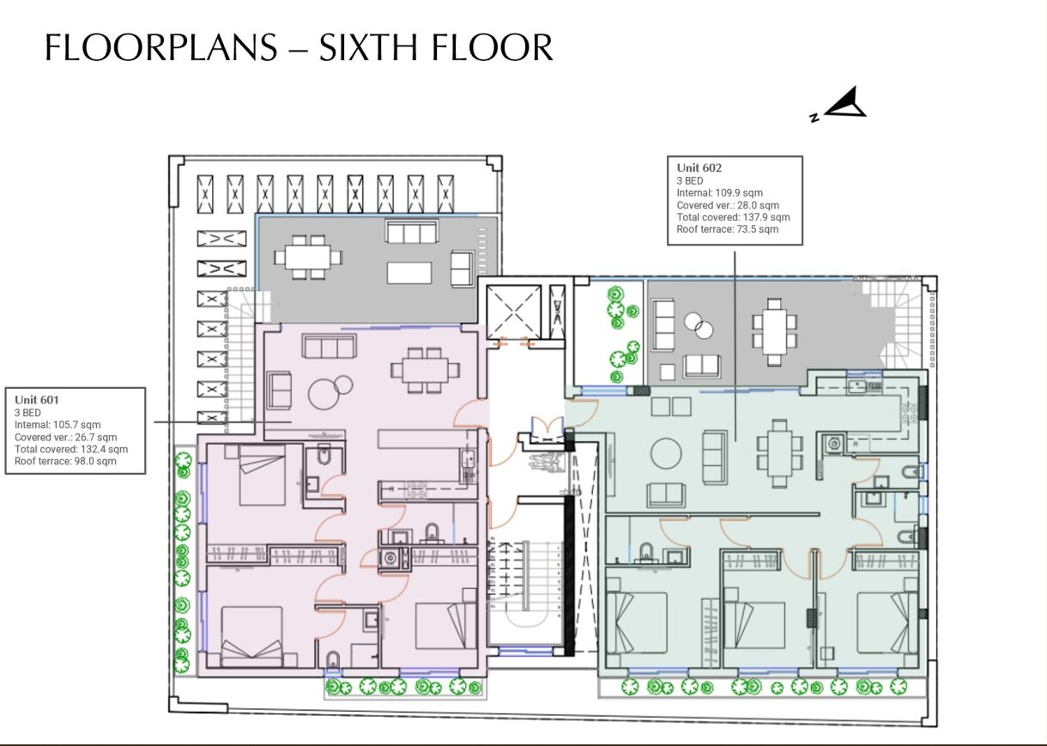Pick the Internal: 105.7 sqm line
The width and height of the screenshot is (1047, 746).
pos(57,424)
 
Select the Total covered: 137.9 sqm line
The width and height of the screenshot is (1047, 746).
pos(733,217)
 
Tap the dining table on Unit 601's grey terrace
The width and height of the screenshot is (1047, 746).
pos(307,257)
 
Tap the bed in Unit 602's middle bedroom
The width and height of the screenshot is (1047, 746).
pos(755,624)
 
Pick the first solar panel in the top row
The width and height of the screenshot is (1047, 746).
pos(204,194)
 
